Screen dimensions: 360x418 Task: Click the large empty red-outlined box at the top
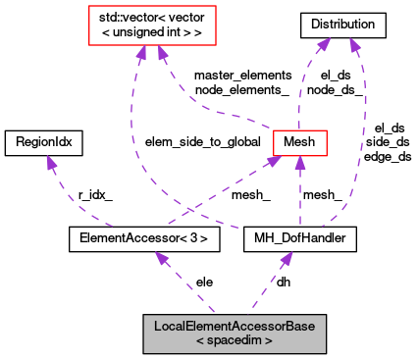tap(152, 26)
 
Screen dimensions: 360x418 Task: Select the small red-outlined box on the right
tap(299, 142)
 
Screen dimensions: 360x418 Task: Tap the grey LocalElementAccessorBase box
tap(235, 334)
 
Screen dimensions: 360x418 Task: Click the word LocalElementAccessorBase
tap(235, 326)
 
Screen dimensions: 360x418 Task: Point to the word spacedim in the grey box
tap(235, 341)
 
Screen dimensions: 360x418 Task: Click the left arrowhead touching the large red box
tap(141, 52)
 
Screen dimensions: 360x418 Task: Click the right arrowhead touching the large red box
tap(161, 52)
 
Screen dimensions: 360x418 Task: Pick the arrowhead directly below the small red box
tap(300, 164)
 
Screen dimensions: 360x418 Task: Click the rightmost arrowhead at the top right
tap(354, 45)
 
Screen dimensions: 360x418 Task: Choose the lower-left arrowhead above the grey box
tap(161, 259)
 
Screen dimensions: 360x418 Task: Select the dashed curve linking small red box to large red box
tap(211, 111)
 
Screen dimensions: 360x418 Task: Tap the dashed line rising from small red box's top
tap(303, 88)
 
